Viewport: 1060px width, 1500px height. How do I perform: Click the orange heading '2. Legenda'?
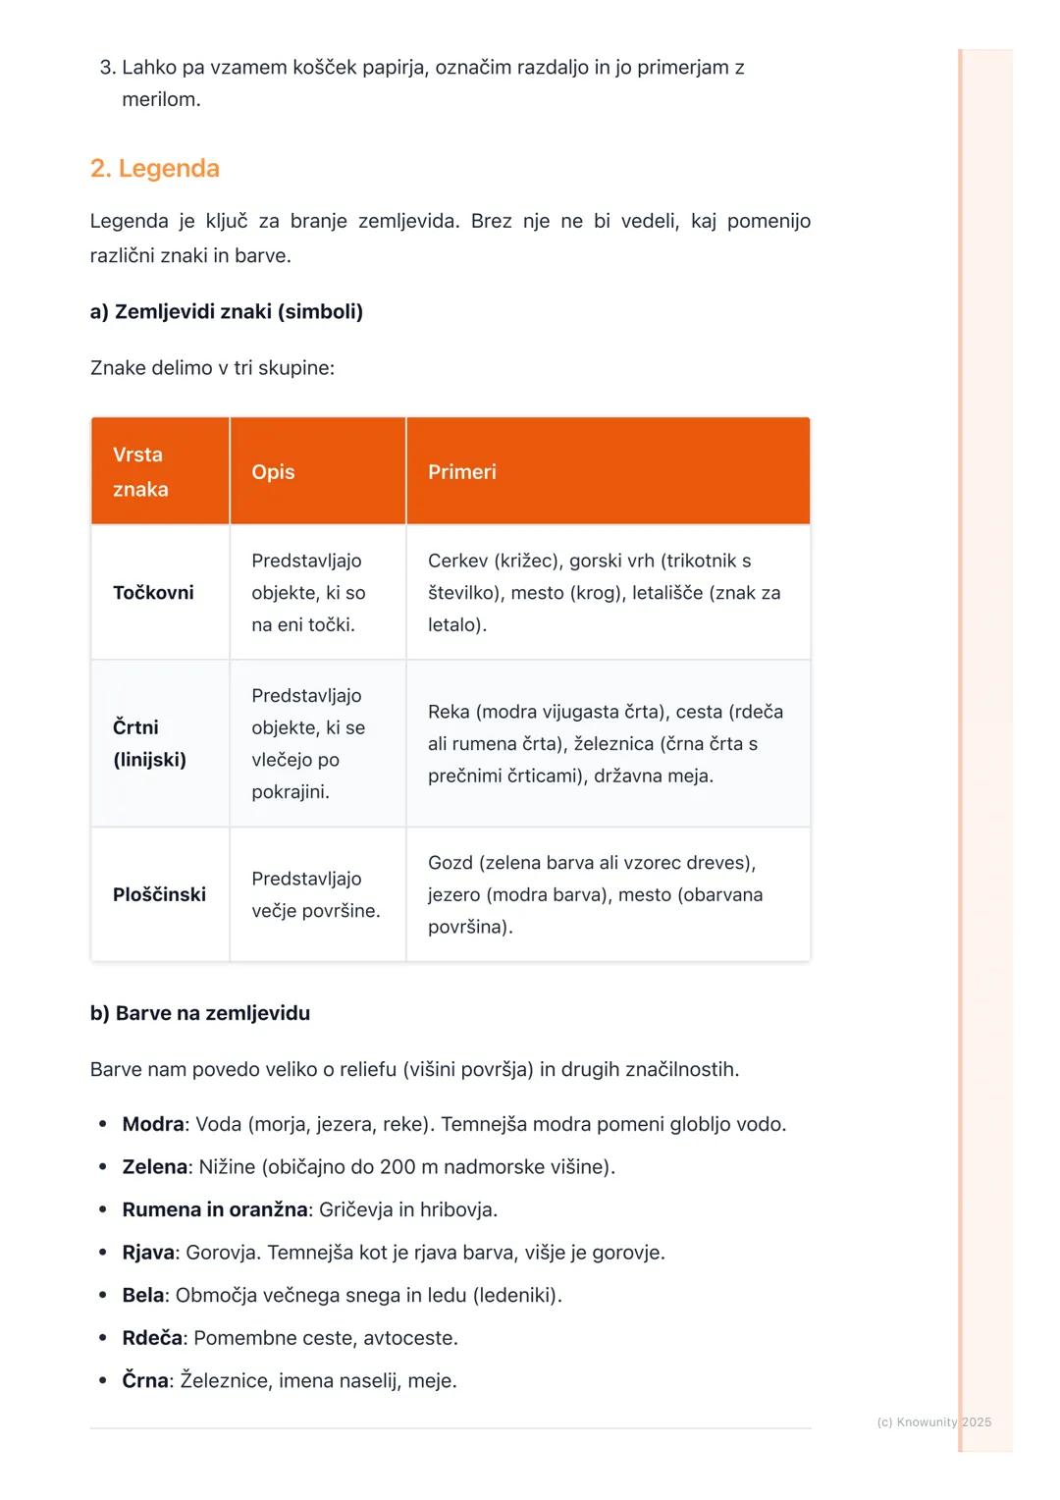[x=155, y=168]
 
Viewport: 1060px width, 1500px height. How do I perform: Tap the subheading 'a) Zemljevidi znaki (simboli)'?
[x=227, y=312]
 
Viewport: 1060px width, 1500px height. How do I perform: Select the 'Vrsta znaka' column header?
[x=139, y=471]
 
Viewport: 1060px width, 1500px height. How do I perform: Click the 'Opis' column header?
[x=273, y=472]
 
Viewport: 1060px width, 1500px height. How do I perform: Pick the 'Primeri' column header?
[x=462, y=472]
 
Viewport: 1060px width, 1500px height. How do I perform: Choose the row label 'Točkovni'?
[x=153, y=593]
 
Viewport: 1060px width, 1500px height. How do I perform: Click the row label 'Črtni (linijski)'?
[x=149, y=743]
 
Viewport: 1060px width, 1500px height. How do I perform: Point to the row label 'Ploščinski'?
[x=159, y=894]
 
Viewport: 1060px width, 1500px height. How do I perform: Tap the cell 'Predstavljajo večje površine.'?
[x=315, y=894]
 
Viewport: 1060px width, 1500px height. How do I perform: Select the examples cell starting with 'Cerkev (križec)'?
[x=604, y=593]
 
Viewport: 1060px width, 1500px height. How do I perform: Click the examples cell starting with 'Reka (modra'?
[x=605, y=743]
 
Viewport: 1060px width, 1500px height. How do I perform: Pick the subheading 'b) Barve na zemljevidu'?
[x=200, y=1013]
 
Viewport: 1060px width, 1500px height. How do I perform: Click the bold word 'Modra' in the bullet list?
[x=153, y=1124]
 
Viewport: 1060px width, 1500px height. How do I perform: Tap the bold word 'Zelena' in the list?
[x=155, y=1167]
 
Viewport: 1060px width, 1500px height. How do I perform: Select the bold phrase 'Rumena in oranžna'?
[x=215, y=1209]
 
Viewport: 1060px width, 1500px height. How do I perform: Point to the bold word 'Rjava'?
[x=148, y=1253]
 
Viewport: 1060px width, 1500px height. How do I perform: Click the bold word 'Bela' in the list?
[x=143, y=1295]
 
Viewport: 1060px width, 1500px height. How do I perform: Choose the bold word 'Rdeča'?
[x=152, y=1338]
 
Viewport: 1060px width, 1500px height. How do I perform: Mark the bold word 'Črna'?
[x=145, y=1381]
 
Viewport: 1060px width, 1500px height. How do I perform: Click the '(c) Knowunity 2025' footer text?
[x=933, y=1422]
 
